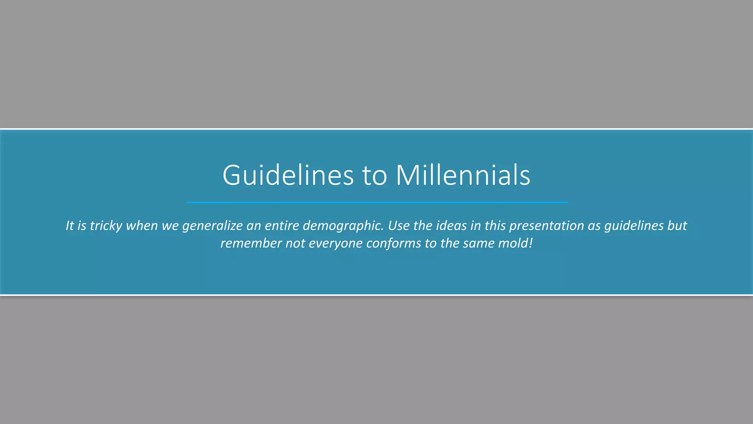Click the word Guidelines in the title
point(288,175)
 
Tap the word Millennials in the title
point(463,175)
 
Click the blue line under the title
point(377,202)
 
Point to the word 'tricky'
point(106,226)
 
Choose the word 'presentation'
point(546,226)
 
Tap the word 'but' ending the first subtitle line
point(677,226)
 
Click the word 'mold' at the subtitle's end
point(513,243)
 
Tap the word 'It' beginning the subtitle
point(70,226)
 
